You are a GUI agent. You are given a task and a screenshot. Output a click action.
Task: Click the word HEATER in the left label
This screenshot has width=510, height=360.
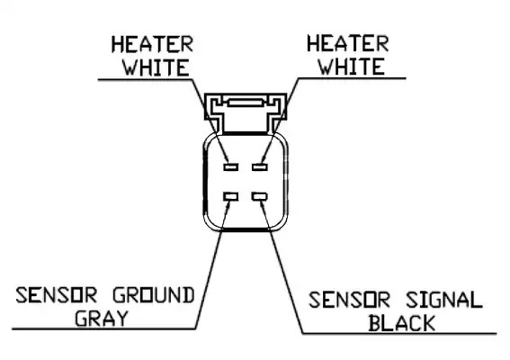(x=152, y=44)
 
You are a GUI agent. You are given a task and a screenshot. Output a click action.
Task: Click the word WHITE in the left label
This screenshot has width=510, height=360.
(x=156, y=67)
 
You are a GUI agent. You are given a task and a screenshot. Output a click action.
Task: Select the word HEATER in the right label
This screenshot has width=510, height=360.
(x=348, y=43)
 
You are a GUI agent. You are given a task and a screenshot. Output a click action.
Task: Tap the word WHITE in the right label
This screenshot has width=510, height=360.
(x=352, y=67)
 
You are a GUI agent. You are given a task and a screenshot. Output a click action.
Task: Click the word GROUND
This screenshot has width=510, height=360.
(x=154, y=295)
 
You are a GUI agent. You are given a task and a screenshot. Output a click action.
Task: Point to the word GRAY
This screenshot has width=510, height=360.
(x=101, y=318)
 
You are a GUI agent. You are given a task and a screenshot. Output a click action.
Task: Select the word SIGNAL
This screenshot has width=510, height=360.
(x=444, y=300)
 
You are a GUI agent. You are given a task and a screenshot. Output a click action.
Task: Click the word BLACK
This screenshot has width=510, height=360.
(x=402, y=323)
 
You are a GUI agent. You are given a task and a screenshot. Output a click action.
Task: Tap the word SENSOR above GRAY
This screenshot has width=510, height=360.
(x=57, y=295)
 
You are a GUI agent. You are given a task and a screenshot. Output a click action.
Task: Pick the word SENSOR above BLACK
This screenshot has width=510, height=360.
(x=349, y=300)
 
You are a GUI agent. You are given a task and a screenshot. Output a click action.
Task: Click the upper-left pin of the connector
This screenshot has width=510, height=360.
(x=230, y=167)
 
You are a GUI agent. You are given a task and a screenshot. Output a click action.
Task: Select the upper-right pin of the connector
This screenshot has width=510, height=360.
(x=260, y=167)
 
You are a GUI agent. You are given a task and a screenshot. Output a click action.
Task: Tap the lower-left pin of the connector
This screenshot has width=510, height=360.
(x=230, y=196)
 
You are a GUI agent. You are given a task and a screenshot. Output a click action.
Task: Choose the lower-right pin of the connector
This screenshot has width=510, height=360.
(x=260, y=196)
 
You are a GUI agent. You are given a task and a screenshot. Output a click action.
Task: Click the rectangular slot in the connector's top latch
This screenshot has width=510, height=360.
(x=245, y=103)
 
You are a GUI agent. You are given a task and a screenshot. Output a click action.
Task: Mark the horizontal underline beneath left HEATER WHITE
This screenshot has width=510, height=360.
(x=145, y=79)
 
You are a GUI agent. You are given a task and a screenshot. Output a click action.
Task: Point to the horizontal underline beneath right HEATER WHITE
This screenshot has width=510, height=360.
(x=352, y=78)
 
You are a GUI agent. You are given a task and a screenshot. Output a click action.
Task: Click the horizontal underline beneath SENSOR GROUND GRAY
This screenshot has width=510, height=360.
(x=103, y=329)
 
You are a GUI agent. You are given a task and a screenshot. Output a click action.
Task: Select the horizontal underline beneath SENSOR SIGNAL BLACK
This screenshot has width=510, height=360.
(x=399, y=333)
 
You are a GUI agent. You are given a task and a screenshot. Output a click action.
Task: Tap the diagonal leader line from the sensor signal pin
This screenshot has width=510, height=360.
(x=282, y=266)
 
